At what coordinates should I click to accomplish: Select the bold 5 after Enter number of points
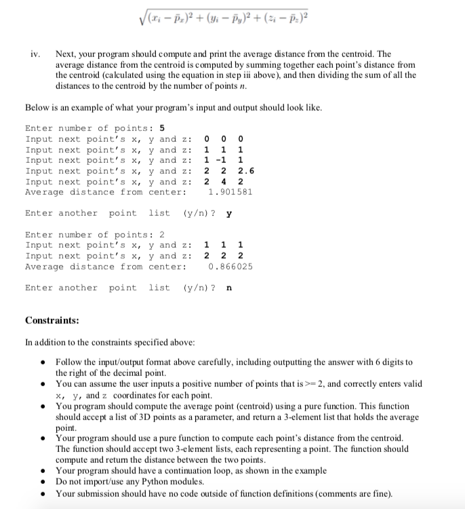click(x=162, y=128)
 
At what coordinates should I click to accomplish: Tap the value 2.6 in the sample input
click(x=247, y=171)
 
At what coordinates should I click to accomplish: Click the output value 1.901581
click(x=230, y=192)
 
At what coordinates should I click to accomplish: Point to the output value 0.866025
click(x=230, y=267)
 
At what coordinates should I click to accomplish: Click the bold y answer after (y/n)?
click(x=229, y=214)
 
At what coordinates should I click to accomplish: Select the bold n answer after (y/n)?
click(x=228, y=288)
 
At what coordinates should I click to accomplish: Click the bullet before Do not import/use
click(x=44, y=482)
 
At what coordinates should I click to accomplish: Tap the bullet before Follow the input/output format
click(x=44, y=363)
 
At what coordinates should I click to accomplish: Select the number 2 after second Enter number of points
click(x=162, y=235)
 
